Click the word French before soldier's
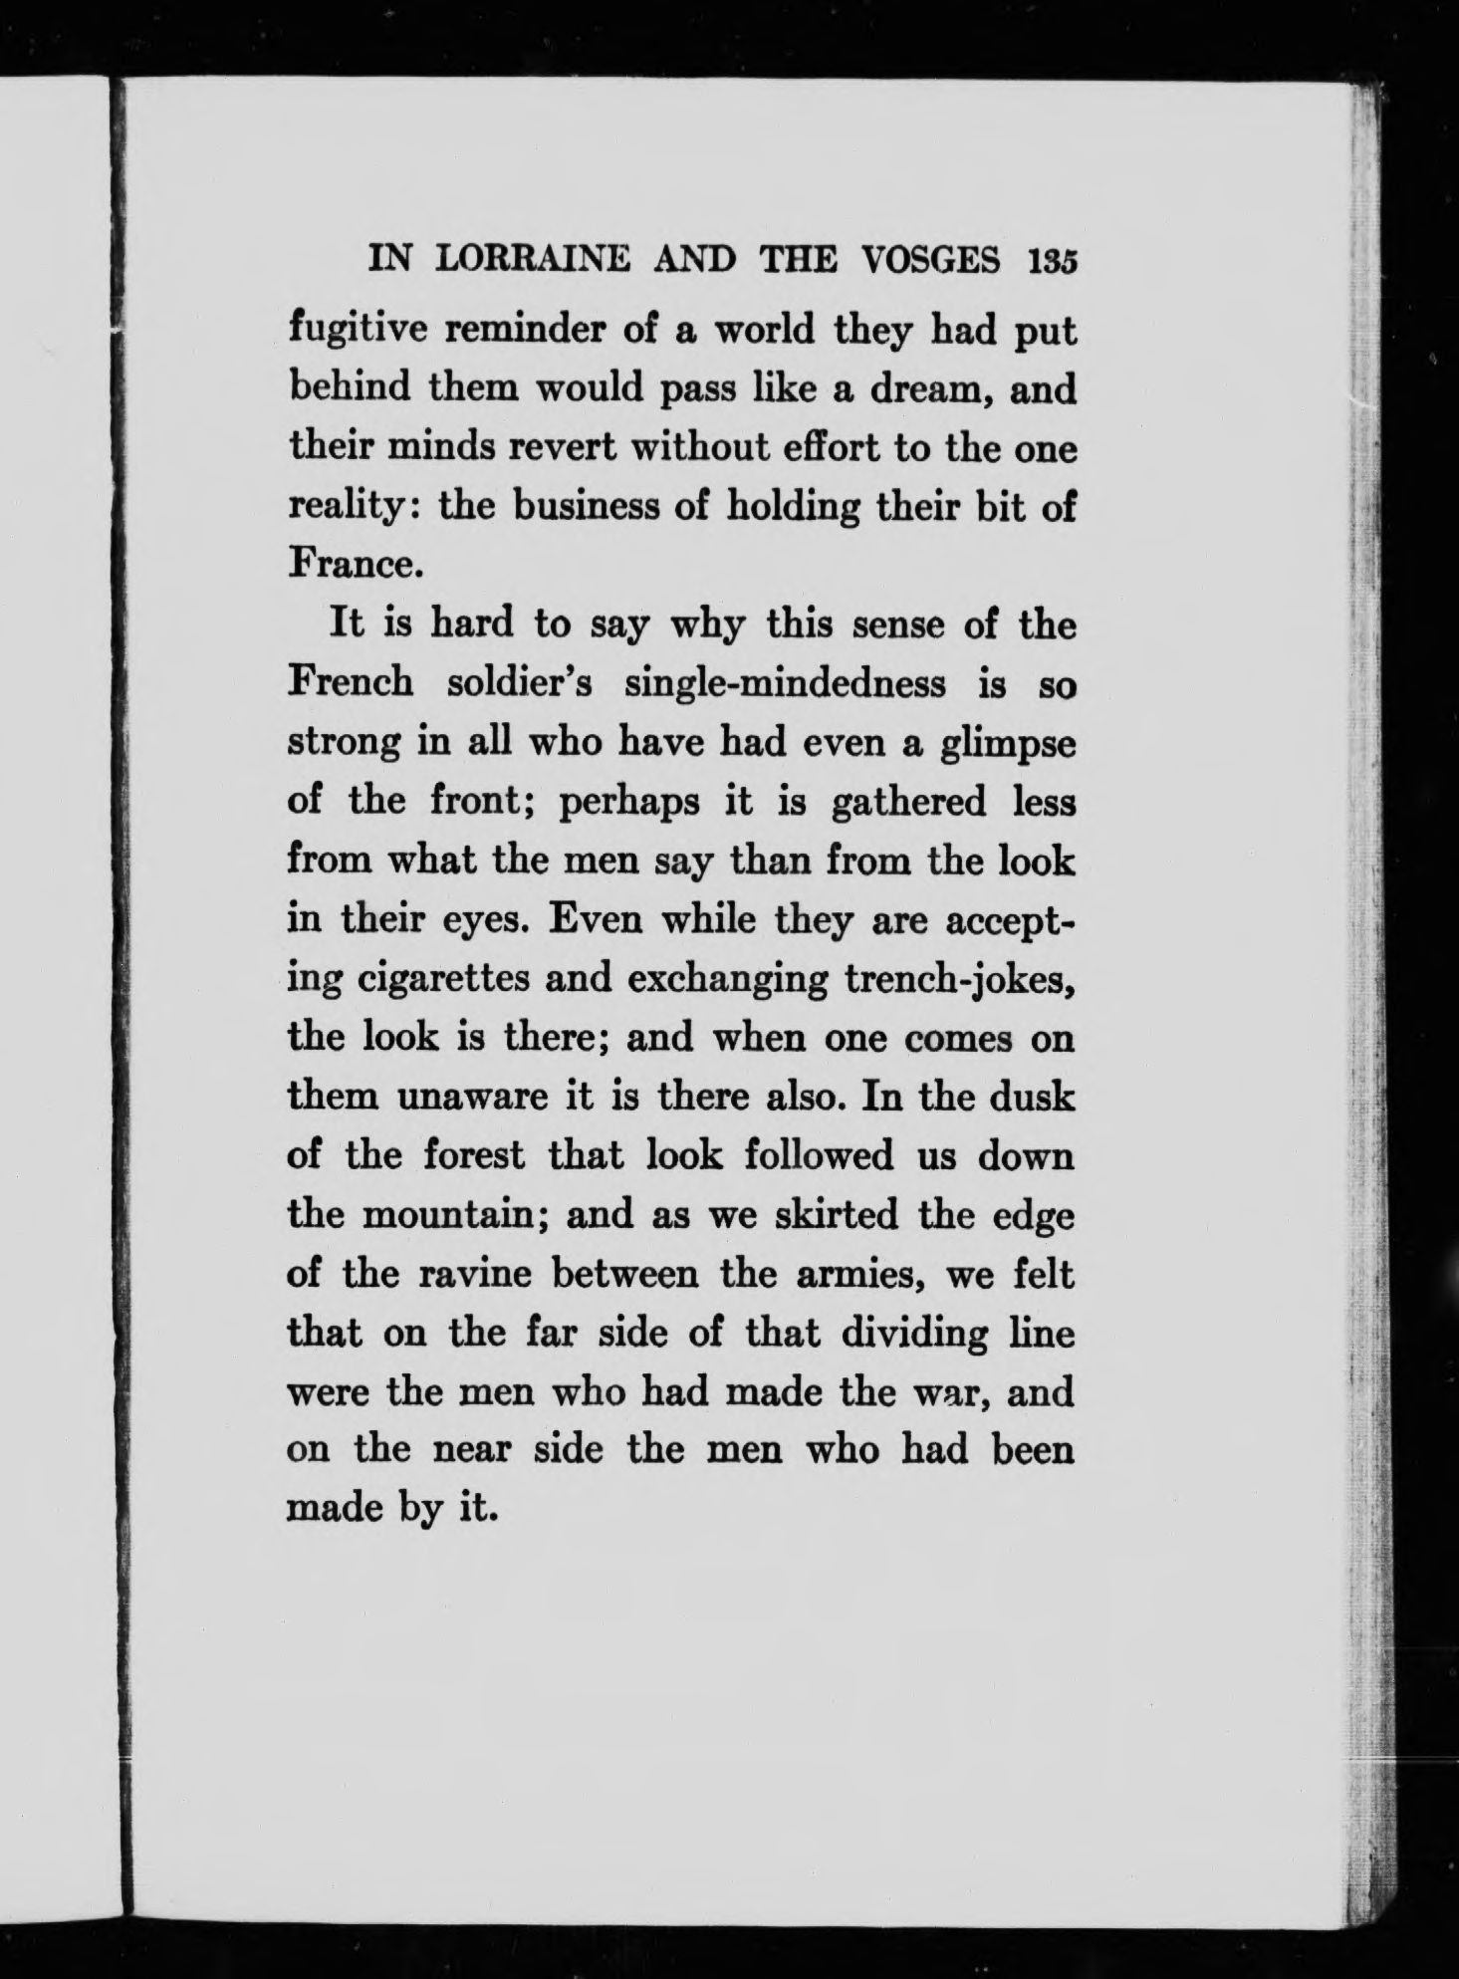click(x=350, y=685)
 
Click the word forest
click(x=473, y=1156)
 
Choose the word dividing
click(x=915, y=1334)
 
